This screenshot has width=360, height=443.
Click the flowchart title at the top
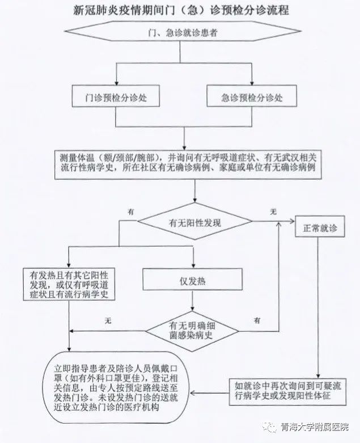pyautogui.click(x=181, y=10)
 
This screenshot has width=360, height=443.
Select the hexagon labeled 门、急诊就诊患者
pyautogui.click(x=183, y=32)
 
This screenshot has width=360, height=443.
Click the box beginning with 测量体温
pyautogui.click(x=188, y=164)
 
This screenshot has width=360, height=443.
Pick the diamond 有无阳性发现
pyautogui.click(x=195, y=221)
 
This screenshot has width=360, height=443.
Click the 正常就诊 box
pyautogui.click(x=320, y=226)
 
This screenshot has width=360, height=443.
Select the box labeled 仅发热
pyautogui.click(x=193, y=279)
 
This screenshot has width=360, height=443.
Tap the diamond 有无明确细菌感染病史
pyautogui.click(x=192, y=331)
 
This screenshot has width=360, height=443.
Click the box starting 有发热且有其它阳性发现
pyautogui.click(x=69, y=284)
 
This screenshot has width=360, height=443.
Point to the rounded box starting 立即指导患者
pyautogui.click(x=116, y=387)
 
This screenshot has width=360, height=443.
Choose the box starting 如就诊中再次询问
pyautogui.click(x=287, y=391)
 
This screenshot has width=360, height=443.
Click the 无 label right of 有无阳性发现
pyautogui.click(x=273, y=212)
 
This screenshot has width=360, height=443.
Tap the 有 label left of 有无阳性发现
pyautogui.click(x=131, y=212)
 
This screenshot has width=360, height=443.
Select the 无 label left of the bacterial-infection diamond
pyautogui.click(x=108, y=320)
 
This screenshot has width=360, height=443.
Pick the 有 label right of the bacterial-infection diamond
pyautogui.click(x=257, y=320)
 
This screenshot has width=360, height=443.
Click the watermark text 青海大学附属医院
pyautogui.click(x=314, y=427)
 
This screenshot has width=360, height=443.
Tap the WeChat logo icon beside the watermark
pyautogui.click(x=270, y=427)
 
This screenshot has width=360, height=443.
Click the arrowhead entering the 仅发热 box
pyautogui.click(x=193, y=265)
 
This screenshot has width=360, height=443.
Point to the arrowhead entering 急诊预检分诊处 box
pyautogui.click(x=252, y=82)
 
